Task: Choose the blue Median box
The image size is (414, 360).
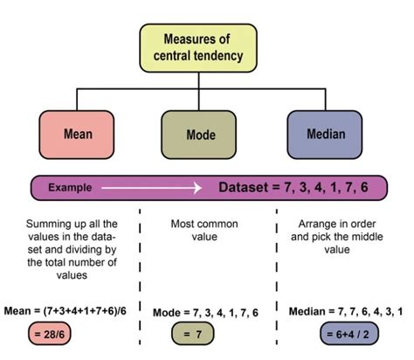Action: [328, 135]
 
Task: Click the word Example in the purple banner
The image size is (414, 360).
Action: [70, 187]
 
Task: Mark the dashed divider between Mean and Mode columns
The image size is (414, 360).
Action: [141, 271]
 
